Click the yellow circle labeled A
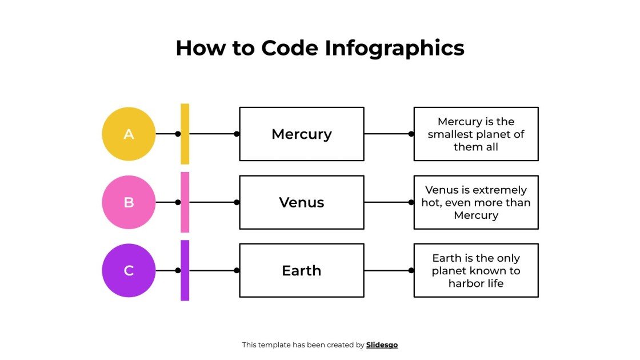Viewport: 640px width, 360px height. pos(129,134)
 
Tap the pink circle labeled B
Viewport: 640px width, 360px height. pos(129,202)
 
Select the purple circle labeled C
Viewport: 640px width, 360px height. pos(129,270)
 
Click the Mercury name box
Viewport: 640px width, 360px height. pos(302,134)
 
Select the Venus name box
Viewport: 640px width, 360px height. pos(302,202)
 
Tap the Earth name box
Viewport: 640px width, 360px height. pos(302,270)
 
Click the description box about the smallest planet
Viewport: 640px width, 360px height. pos(476,134)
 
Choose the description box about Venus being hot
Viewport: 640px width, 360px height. pos(476,202)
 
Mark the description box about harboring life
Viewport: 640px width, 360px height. pos(476,270)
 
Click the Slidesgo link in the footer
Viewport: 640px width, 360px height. pos(382,345)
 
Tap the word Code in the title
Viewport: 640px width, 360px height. pos(291,48)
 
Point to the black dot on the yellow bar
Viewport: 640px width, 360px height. pos(178,134)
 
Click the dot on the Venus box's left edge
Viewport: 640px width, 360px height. pos(237,202)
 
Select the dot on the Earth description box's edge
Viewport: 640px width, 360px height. pos(411,270)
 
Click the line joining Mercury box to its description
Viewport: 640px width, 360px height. pos(387,134)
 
